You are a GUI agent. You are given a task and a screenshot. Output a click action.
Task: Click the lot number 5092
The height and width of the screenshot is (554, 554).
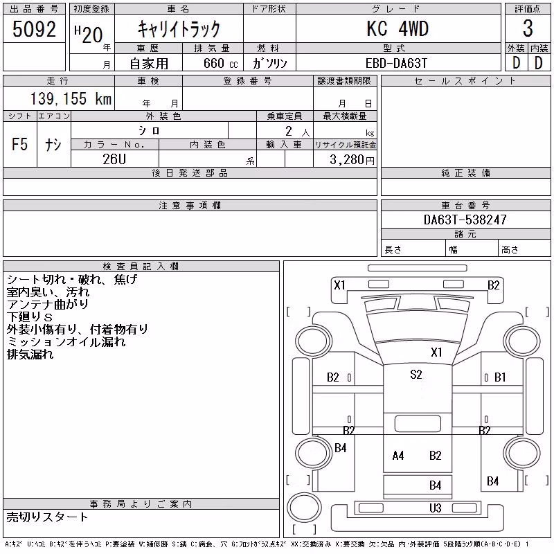(x=34, y=28)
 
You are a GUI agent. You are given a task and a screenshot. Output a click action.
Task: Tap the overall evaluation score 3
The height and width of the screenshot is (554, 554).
(x=528, y=28)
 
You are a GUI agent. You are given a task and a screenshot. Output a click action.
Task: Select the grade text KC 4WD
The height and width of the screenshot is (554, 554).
(x=397, y=28)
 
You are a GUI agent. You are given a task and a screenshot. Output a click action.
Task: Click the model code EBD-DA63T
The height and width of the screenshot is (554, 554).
(x=396, y=63)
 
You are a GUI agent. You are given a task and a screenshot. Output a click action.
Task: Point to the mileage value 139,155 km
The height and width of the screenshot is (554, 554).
(x=71, y=98)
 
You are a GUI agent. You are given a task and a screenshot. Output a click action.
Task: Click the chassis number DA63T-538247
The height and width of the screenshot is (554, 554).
(x=465, y=220)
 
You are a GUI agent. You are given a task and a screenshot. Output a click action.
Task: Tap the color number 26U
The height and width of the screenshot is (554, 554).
(x=114, y=159)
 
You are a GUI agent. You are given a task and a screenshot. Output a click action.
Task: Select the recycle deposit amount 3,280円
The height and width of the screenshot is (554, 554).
(x=352, y=160)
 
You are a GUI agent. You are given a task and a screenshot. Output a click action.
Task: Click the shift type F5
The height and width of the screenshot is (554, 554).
(x=20, y=144)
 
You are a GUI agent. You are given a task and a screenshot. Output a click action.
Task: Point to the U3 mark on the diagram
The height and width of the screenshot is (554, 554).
(x=436, y=508)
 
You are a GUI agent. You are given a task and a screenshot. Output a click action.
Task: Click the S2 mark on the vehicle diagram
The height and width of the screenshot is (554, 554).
(x=416, y=374)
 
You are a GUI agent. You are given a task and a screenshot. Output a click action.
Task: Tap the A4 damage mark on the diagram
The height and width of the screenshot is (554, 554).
(x=398, y=456)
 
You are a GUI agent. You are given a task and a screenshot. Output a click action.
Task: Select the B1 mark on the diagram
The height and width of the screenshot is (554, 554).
(x=500, y=377)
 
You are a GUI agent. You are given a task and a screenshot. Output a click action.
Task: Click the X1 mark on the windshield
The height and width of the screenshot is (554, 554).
(x=437, y=352)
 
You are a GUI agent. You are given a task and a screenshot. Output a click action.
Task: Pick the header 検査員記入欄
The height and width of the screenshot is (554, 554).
(x=141, y=267)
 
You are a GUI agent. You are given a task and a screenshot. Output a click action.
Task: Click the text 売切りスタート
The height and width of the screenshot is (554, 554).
(x=47, y=517)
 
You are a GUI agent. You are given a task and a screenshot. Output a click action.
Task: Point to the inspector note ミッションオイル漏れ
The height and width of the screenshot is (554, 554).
(x=66, y=341)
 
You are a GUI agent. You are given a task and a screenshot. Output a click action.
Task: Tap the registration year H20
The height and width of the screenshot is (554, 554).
(x=89, y=35)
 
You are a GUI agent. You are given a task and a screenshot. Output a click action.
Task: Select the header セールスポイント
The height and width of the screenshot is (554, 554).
(x=465, y=81)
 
